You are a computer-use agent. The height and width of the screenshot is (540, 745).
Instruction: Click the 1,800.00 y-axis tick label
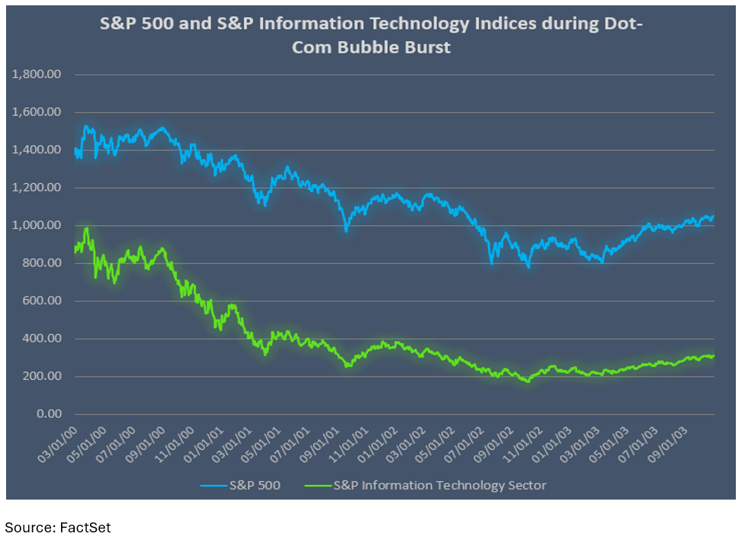[x=36, y=75]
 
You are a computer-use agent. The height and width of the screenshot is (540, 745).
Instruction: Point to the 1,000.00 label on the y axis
[x=36, y=226]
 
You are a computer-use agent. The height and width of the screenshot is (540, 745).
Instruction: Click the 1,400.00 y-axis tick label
[x=36, y=150]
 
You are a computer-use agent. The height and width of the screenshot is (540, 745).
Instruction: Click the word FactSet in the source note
[x=85, y=527]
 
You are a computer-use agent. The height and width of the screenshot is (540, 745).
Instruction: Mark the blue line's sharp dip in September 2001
[x=346, y=230]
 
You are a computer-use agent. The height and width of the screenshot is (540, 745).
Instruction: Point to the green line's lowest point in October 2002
[x=526, y=380]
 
